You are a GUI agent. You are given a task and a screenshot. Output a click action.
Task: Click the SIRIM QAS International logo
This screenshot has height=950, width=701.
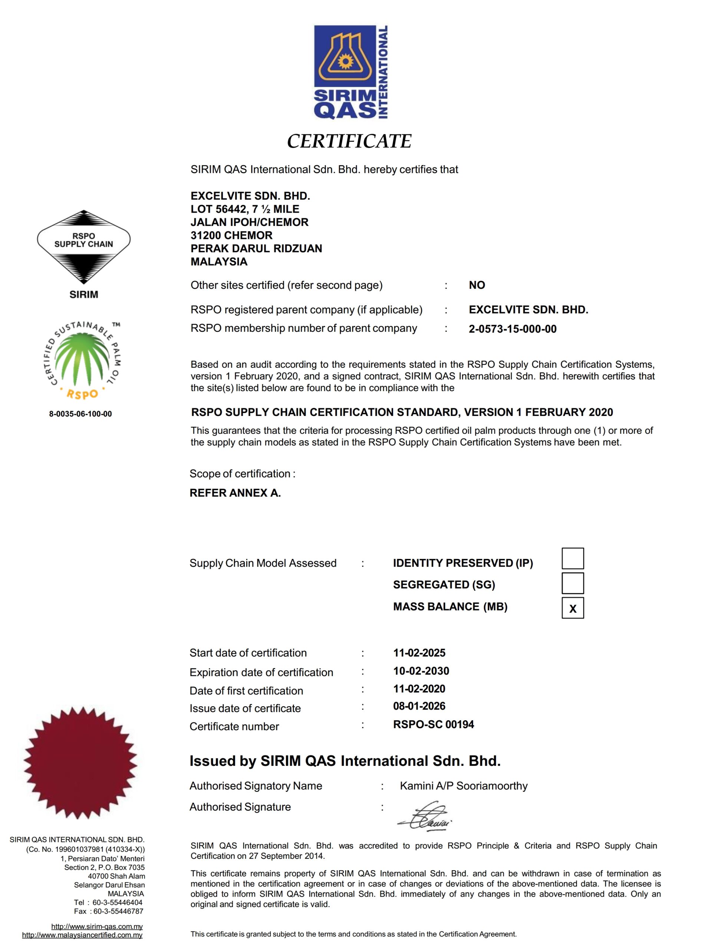point(350,72)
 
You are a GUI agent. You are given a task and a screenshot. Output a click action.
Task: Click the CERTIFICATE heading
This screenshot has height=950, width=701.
point(349,141)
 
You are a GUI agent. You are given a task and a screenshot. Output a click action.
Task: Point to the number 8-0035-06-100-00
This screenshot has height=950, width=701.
point(80,414)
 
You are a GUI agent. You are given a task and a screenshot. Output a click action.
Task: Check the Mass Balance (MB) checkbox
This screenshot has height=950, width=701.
point(572,608)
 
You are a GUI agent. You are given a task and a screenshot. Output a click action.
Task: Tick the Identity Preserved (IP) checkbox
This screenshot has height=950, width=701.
point(572,558)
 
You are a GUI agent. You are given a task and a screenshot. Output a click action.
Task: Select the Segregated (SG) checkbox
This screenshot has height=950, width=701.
point(572,583)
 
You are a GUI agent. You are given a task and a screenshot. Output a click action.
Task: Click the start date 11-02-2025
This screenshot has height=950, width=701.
point(419,653)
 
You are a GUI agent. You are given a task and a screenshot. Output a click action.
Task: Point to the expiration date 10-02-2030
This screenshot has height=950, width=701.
point(421,671)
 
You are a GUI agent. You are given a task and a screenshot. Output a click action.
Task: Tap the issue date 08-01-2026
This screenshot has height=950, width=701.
point(419,706)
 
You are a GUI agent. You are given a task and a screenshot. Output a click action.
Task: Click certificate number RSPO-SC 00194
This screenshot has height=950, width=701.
point(433,725)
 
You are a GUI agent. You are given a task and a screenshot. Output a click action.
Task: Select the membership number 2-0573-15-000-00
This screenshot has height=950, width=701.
point(513,329)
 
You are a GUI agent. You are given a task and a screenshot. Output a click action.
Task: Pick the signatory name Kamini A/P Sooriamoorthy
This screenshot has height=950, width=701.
point(463,786)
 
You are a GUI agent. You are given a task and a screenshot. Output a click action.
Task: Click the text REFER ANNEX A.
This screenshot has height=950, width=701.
point(235,493)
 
